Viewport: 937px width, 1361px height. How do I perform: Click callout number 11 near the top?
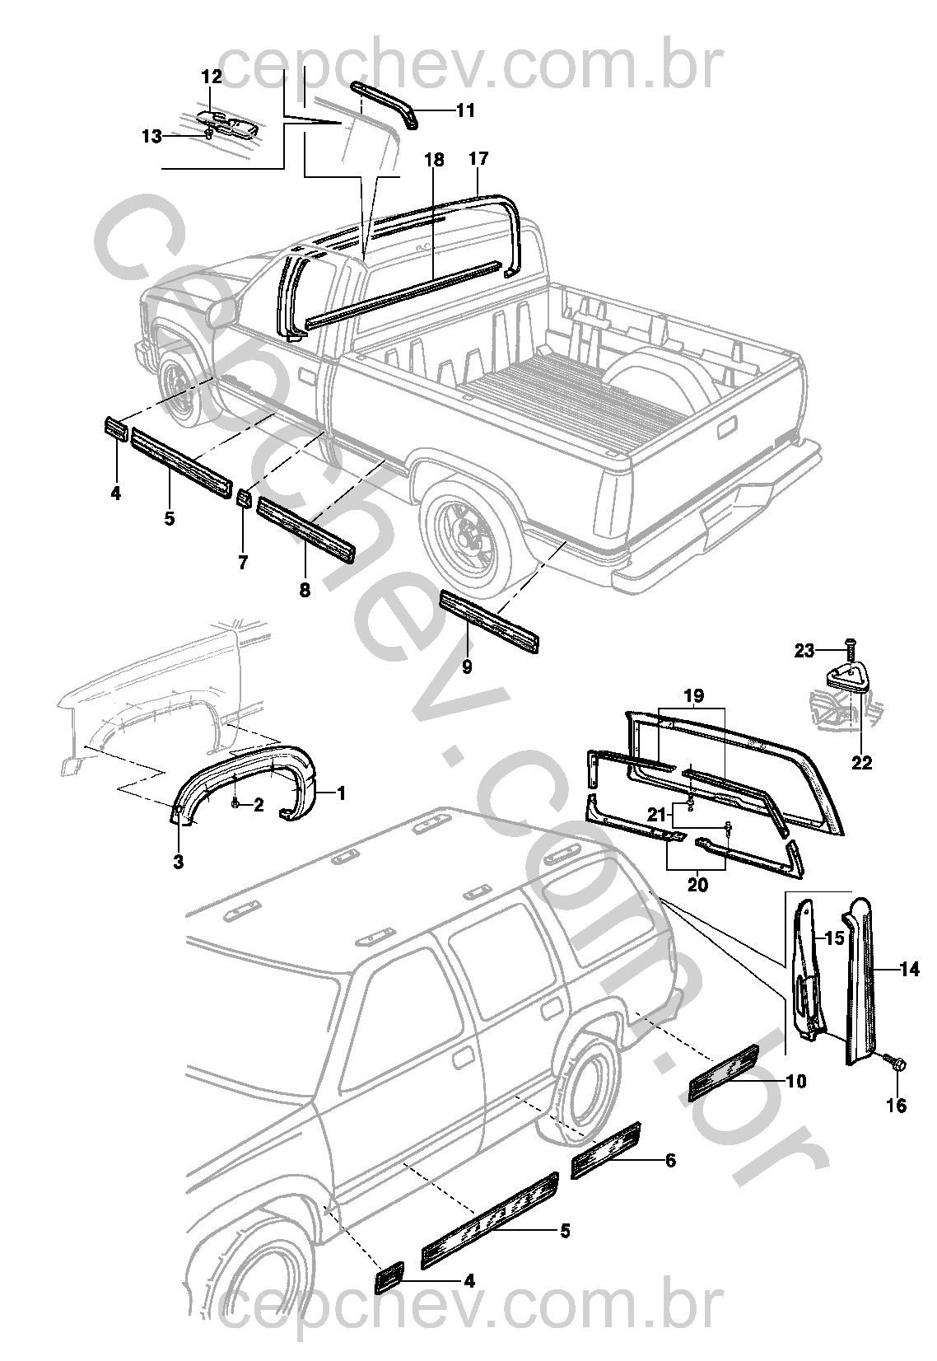pyautogui.click(x=466, y=110)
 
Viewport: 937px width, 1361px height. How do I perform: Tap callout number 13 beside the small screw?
pyautogui.click(x=152, y=136)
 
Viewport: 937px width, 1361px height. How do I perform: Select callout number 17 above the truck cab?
pyautogui.click(x=479, y=158)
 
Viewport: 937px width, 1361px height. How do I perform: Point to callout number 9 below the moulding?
pyautogui.click(x=467, y=667)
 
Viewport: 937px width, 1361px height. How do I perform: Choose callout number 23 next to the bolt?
pyautogui.click(x=804, y=651)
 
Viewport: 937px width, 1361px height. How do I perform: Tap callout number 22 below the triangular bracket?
pyautogui.click(x=861, y=763)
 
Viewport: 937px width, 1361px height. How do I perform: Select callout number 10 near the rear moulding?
pyautogui.click(x=796, y=1080)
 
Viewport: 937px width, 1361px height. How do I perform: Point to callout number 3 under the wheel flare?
pyautogui.click(x=178, y=863)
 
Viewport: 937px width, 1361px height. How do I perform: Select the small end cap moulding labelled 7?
pyautogui.click(x=244, y=500)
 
